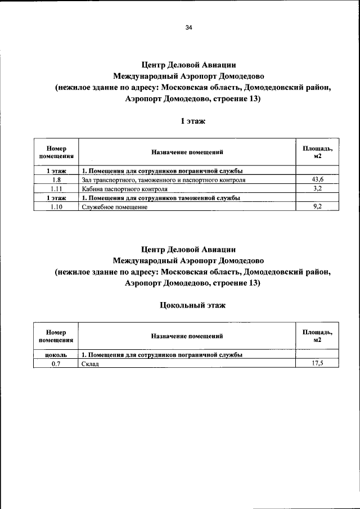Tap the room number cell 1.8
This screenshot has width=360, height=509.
[x=56, y=180]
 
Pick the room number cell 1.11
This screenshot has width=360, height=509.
[x=56, y=189]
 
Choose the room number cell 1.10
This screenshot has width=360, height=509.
[x=56, y=207]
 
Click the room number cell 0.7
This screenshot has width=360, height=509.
[x=56, y=364]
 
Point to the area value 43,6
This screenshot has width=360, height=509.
[x=318, y=179]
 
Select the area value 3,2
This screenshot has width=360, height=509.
[x=318, y=188]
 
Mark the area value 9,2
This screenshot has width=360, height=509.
[x=318, y=206]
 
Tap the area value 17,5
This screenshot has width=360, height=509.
[x=318, y=363]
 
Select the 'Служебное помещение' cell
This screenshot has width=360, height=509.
[x=114, y=208]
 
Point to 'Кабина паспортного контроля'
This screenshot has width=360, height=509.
[x=124, y=190]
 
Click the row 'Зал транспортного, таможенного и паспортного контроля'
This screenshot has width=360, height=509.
[x=163, y=181]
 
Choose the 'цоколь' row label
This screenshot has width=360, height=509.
[x=56, y=355]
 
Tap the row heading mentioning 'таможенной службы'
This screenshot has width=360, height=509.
[x=161, y=199]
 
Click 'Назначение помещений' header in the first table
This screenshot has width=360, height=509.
[x=187, y=152]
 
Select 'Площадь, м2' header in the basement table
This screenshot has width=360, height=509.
[x=318, y=336]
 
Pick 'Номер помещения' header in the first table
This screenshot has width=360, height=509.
[x=56, y=152]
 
